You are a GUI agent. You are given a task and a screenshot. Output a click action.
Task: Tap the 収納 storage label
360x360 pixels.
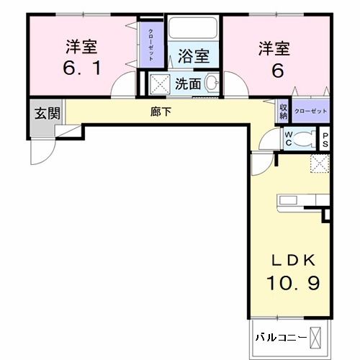pyautogui.click(x=284, y=111)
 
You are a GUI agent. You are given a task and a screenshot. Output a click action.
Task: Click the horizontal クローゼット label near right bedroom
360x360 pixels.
pyautogui.click(x=311, y=111)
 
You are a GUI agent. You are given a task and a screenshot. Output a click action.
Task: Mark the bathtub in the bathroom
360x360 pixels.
pyautogui.click(x=193, y=30)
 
